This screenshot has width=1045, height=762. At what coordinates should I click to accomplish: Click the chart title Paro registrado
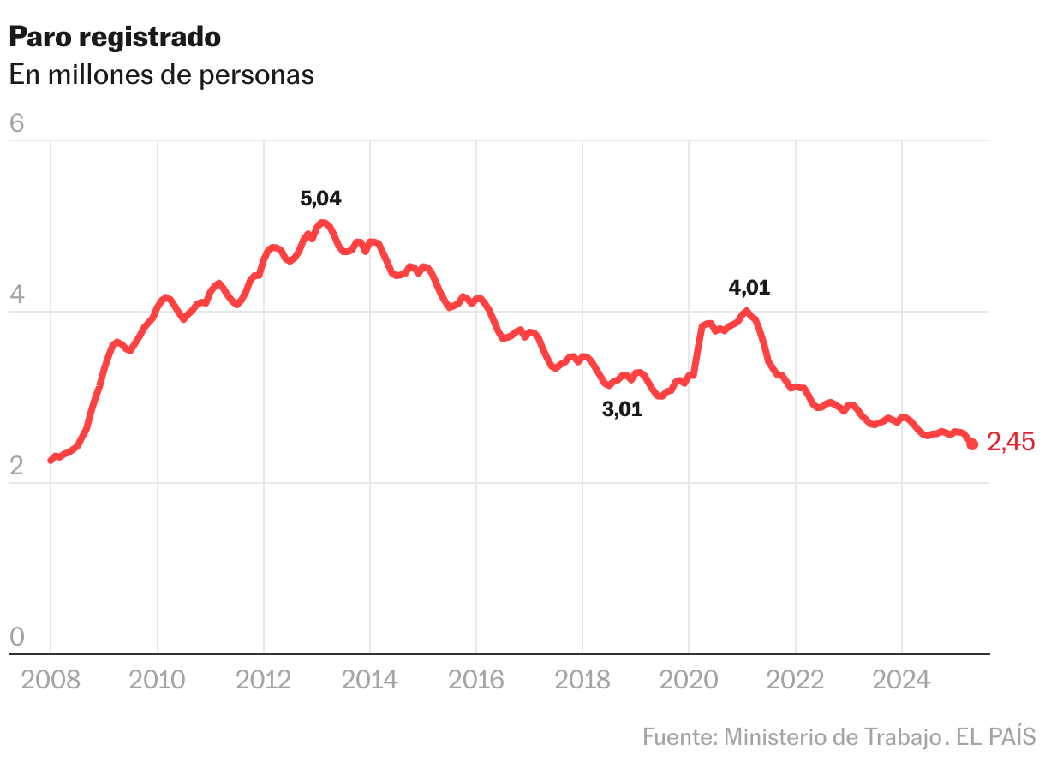115,37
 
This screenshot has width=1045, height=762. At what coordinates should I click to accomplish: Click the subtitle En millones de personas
161,75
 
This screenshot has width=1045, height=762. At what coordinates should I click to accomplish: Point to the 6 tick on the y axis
16,124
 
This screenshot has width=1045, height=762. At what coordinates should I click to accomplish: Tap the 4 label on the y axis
16,295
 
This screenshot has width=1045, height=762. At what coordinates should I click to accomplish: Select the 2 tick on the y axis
16,467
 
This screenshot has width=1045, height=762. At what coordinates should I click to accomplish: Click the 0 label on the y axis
16,638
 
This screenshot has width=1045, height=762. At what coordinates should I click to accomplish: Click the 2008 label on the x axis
51,681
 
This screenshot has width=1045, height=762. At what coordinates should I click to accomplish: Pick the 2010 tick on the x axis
158,681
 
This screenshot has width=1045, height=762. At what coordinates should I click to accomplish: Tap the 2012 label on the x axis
264,681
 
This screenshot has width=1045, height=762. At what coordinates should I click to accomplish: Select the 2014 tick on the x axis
370,681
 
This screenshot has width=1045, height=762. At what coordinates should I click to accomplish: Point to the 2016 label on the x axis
476,681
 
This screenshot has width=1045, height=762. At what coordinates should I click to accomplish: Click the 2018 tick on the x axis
582,681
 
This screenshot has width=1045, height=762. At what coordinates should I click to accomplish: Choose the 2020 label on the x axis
689,681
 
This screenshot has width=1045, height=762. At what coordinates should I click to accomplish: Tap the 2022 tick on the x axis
796,681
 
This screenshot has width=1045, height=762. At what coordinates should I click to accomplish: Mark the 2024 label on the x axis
902,681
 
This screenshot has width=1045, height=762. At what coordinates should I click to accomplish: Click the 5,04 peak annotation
321,199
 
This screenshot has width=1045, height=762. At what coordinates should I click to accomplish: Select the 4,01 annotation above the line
749,289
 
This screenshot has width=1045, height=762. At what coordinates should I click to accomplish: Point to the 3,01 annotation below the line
623,410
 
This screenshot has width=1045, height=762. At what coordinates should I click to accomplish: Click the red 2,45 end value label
1012,443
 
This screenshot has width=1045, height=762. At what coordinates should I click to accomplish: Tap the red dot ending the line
973,444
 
